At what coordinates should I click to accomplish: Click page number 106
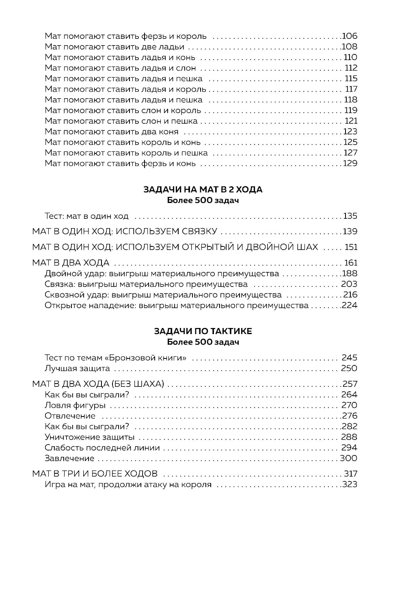[350, 36]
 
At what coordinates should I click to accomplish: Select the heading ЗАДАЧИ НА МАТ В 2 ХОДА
[203, 190]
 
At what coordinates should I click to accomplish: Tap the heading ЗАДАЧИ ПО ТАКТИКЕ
[203, 331]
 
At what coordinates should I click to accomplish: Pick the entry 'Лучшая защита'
[77, 369]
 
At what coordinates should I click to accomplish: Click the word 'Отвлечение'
[70, 416]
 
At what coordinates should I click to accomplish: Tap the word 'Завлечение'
[69, 458]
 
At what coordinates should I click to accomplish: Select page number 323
[350, 485]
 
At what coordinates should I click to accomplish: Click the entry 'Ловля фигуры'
[75, 405]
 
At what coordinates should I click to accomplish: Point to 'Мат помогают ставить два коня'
[112, 132]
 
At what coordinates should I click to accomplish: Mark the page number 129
[350, 164]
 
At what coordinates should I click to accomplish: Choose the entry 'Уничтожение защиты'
[89, 437]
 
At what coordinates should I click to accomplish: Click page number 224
[350, 305]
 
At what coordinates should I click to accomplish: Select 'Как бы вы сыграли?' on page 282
[87, 426]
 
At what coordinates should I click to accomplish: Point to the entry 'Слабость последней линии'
[102, 448]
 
